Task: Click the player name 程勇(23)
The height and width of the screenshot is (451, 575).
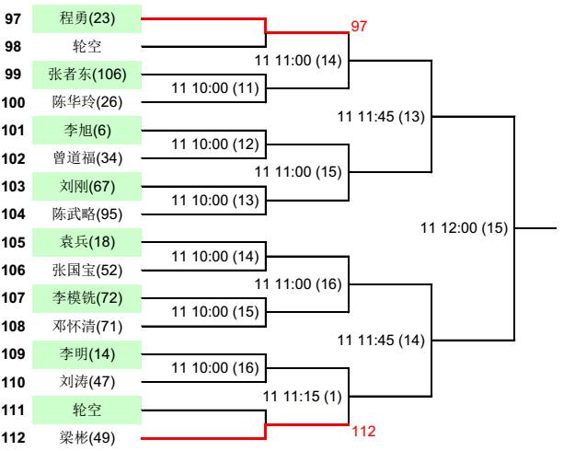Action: point(86,17)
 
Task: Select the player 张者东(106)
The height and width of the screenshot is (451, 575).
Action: point(86,74)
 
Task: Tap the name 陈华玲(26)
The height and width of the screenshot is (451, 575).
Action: point(86,102)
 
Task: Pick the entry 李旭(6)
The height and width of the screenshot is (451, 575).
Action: point(86,130)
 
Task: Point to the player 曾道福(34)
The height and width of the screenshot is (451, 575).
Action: point(86,158)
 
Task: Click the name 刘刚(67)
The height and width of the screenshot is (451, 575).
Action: point(86,186)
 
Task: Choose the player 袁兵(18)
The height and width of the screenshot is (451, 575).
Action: point(86,242)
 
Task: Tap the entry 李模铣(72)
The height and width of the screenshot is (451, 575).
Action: point(86,298)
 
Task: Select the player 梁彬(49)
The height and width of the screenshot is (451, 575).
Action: point(86,438)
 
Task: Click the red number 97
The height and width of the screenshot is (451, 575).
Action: point(359,27)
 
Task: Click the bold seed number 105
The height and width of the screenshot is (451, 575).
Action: point(15,242)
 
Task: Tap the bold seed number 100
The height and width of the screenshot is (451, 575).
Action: point(15,102)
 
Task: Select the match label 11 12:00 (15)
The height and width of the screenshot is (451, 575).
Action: point(464,228)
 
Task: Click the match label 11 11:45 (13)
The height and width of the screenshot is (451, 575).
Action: point(381,116)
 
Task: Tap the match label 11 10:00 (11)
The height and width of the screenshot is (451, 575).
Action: point(215,88)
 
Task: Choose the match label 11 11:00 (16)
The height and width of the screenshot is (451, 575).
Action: point(298,284)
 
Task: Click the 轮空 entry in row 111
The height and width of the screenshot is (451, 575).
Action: point(86,410)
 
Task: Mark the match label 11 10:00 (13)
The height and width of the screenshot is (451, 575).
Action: point(215,201)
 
